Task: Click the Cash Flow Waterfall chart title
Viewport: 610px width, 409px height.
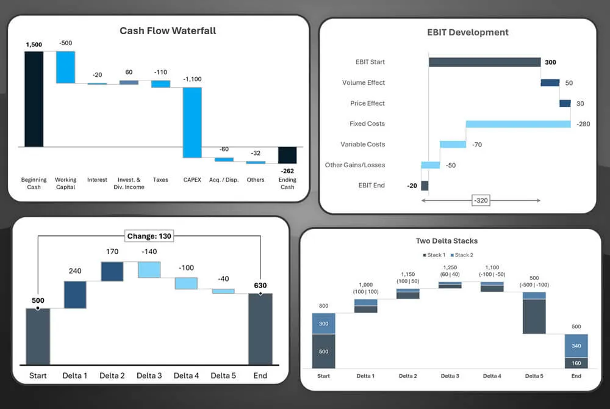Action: (168, 31)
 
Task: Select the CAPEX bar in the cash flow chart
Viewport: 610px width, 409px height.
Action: (192, 122)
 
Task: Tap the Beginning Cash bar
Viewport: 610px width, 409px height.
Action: (34, 99)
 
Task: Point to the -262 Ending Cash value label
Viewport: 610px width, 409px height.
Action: (287, 171)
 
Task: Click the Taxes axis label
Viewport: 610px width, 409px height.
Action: (160, 180)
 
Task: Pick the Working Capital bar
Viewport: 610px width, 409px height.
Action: (65, 67)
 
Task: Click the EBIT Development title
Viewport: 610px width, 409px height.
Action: (467, 32)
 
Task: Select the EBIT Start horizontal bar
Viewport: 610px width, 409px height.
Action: (484, 62)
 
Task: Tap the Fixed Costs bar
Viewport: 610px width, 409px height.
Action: (518, 124)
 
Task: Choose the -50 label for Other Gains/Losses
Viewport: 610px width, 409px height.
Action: (450, 165)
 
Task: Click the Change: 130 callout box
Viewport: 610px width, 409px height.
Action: (149, 236)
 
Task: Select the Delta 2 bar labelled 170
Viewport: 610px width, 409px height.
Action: (112, 272)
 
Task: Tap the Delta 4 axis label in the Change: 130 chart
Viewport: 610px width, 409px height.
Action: (186, 375)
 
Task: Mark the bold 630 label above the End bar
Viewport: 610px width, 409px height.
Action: (260, 285)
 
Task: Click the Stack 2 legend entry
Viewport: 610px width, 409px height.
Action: (462, 255)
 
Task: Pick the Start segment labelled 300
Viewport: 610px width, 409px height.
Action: (323, 324)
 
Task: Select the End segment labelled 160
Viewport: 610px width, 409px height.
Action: (576, 363)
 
